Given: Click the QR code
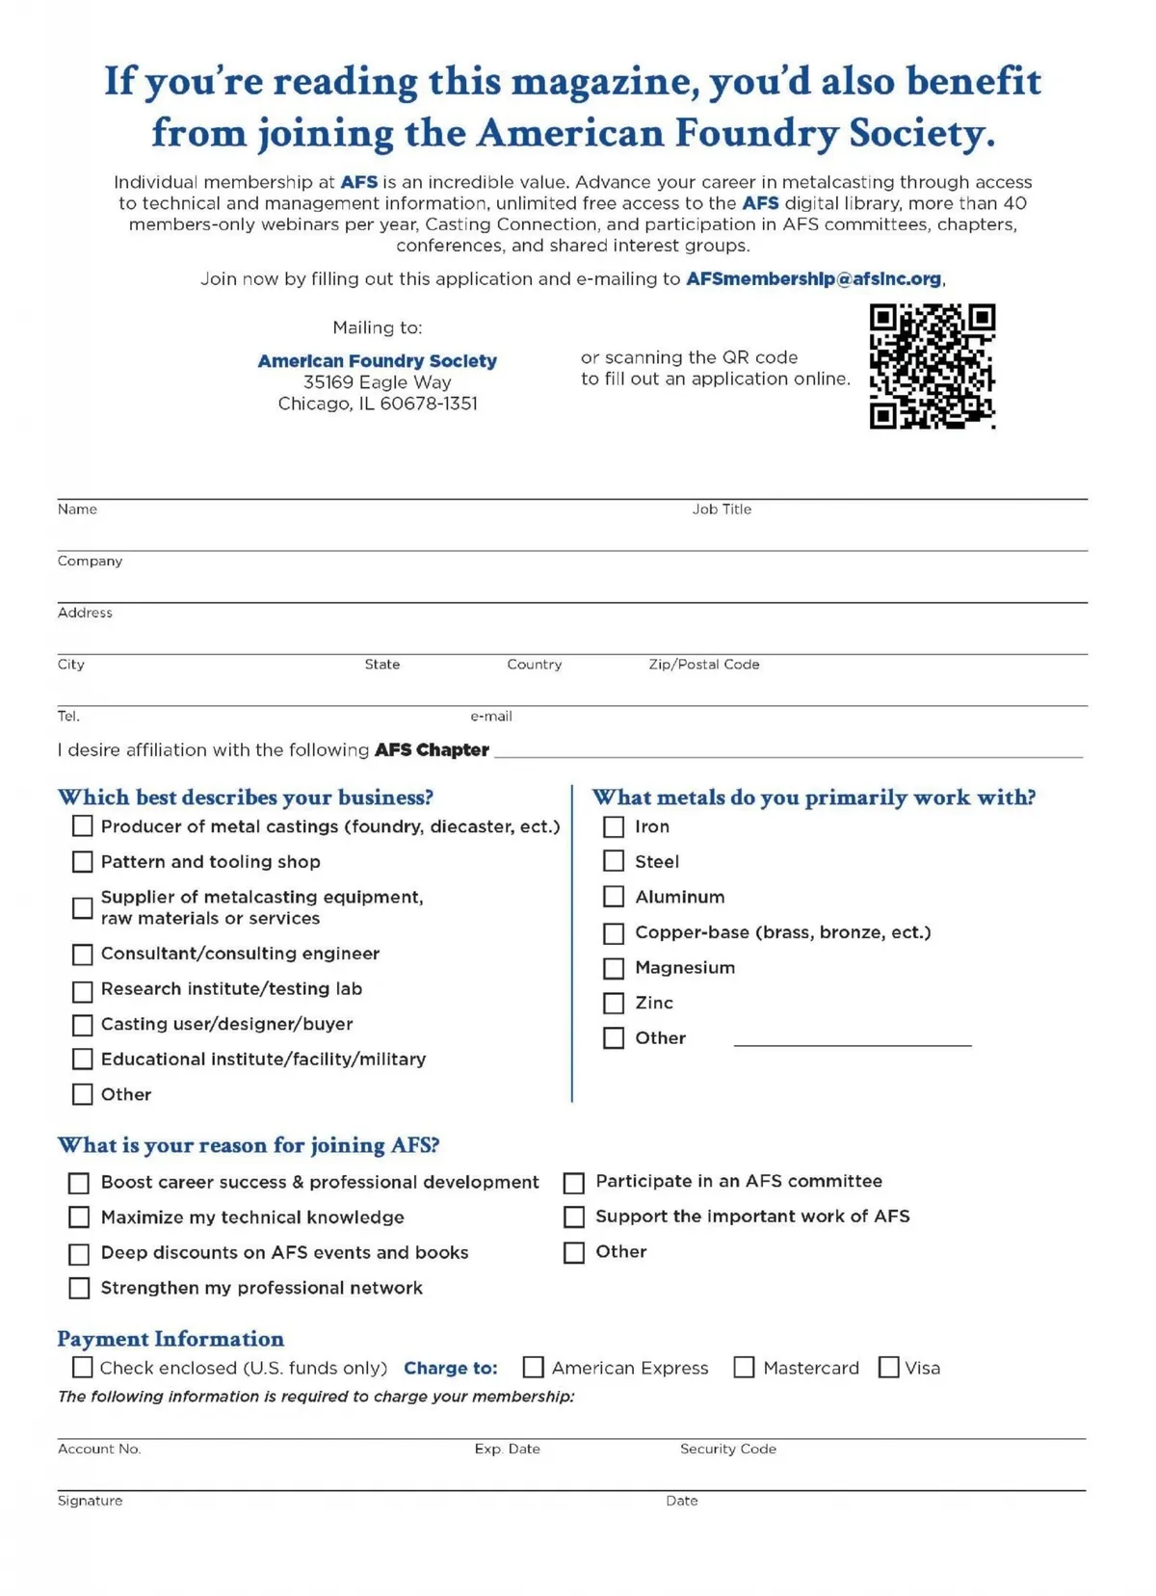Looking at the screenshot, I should pyautogui.click(x=932, y=366).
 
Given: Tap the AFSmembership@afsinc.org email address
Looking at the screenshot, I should pyautogui.click(x=813, y=279).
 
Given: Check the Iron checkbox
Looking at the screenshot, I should pyautogui.click(x=614, y=827).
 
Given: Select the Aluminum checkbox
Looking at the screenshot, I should pyautogui.click(x=614, y=898).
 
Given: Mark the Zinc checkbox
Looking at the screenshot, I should pyautogui.click(x=614, y=1004).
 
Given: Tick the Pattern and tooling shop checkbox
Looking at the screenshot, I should pyautogui.click(x=83, y=862).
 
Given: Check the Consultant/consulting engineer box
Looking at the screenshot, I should pyautogui.click(x=83, y=955).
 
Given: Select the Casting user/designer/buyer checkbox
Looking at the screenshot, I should pyautogui.click(x=83, y=1025).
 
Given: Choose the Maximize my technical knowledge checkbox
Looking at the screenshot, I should pyautogui.click(x=79, y=1218).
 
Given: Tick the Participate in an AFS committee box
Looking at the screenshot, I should pyautogui.click(x=574, y=1183).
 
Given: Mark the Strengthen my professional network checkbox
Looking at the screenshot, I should pyautogui.click(x=79, y=1289).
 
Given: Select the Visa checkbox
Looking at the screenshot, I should pyautogui.click(x=889, y=1368).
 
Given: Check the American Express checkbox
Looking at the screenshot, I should pyautogui.click(x=534, y=1368).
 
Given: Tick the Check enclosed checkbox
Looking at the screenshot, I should pyautogui.click(x=83, y=1368).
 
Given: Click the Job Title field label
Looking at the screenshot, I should pyautogui.click(x=722, y=510).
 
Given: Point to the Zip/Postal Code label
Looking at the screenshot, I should pyautogui.click(x=703, y=665).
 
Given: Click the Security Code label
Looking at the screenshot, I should pyautogui.click(x=727, y=1449).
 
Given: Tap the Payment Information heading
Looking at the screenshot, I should pyautogui.click(x=171, y=1339).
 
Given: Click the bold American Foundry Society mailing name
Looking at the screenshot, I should pyautogui.click(x=377, y=361).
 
